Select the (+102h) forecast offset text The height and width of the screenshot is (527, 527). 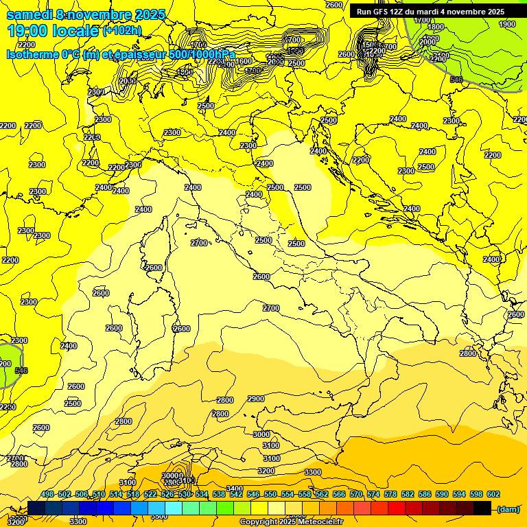(x=121, y=31)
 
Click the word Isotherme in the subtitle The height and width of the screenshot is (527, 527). (x=32, y=54)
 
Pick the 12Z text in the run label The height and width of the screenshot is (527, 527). (x=397, y=12)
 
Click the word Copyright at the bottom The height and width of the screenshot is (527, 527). (x=259, y=522)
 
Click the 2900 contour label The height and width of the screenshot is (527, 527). (x=256, y=399)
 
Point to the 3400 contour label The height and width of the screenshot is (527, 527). (x=235, y=489)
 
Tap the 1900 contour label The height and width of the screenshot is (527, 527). (x=506, y=24)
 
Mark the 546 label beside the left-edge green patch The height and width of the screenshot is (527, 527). (x=21, y=371)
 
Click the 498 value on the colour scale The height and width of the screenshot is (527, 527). (x=47, y=495)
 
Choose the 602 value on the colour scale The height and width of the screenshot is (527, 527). (x=493, y=495)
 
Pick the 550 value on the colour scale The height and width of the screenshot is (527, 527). (x=270, y=495)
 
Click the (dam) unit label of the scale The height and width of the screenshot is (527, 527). (x=508, y=508)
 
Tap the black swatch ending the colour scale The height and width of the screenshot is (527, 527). (x=482, y=508)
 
